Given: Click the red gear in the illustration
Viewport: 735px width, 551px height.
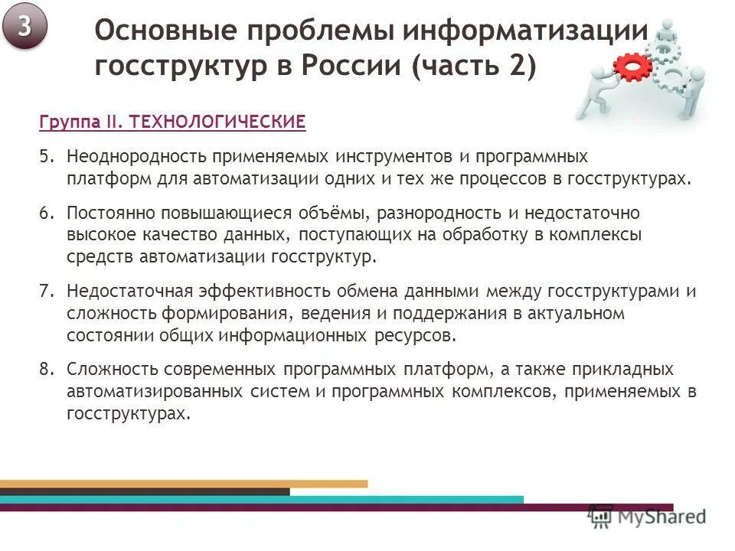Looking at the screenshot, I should pyautogui.click(x=632, y=68).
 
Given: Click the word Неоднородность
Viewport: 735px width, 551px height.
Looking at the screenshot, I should pyautogui.click(x=130, y=157).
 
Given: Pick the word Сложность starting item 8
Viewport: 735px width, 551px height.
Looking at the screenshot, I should pyautogui.click(x=105, y=370).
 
